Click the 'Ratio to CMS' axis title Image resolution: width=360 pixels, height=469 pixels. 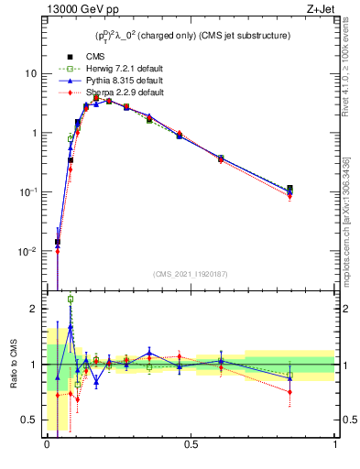pos(13,365)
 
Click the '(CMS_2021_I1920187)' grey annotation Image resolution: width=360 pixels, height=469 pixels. pos(191,273)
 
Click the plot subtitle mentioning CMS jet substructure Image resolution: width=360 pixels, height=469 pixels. pos(192,36)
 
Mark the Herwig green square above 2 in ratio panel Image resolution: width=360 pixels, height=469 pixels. pos(71,299)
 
